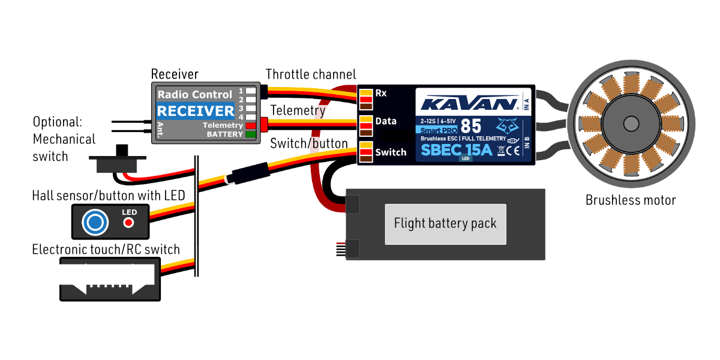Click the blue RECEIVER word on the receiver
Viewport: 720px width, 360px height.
(196, 111)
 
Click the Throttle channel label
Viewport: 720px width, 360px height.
(311, 74)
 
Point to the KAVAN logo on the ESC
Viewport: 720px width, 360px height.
(469, 103)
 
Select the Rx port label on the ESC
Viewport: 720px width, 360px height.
(381, 93)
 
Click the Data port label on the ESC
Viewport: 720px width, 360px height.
(386, 121)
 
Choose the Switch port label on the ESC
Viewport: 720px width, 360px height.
(391, 152)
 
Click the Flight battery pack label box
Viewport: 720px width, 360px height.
(445, 224)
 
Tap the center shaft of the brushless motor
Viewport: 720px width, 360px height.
(631, 124)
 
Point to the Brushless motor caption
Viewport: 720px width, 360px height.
(631, 200)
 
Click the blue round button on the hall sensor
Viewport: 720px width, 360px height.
(95, 223)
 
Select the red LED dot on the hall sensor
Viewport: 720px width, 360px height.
(128, 223)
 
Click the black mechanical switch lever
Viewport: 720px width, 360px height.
(123, 151)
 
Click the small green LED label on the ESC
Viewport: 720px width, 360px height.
(466, 159)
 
